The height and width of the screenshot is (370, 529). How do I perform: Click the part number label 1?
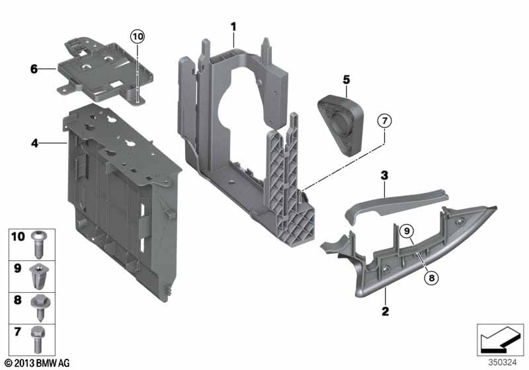pyautogui.click(x=233, y=26)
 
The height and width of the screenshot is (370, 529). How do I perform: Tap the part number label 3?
pyautogui.click(x=383, y=175)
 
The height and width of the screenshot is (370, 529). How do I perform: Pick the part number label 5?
pyautogui.click(x=345, y=80)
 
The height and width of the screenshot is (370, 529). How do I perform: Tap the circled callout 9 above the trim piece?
pyautogui.click(x=407, y=230)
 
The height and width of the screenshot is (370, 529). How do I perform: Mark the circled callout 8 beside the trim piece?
pyautogui.click(x=431, y=278)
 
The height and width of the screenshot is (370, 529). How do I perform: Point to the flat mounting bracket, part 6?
pyautogui.click(x=106, y=69)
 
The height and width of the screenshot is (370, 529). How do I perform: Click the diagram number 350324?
pyautogui.click(x=503, y=362)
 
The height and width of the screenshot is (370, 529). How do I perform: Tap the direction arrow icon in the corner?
pyautogui.click(x=500, y=339)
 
